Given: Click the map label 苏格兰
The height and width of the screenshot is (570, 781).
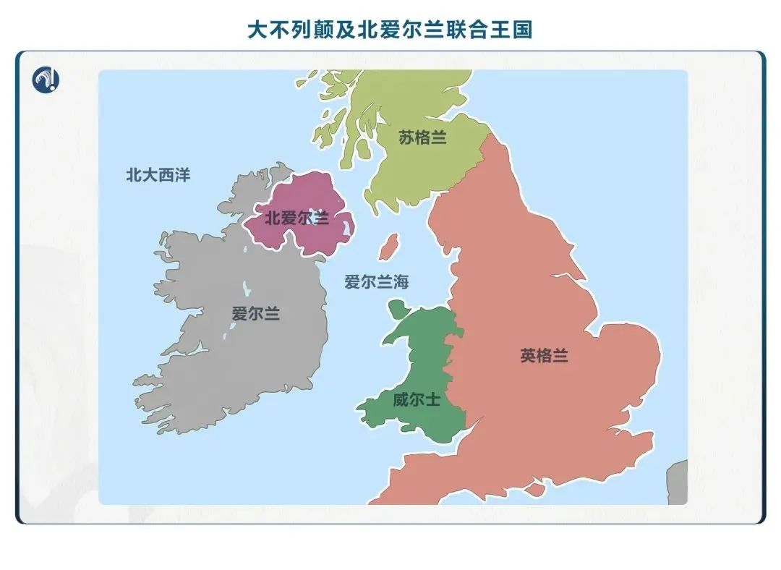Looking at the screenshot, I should pos(422,137).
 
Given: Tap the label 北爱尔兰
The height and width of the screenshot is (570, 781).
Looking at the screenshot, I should pos(296,218).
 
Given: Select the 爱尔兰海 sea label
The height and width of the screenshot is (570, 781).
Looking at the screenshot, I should pos(376,282).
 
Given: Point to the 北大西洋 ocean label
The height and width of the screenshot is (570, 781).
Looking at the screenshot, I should pos(158,175).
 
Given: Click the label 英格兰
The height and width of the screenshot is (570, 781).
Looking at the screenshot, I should pos(544,356).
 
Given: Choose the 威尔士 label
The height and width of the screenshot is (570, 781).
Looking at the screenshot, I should pos(416,399).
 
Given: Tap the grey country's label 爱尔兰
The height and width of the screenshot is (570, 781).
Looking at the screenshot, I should pos(255,314).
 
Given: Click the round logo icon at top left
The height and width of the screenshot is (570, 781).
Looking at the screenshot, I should pos(46,79).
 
